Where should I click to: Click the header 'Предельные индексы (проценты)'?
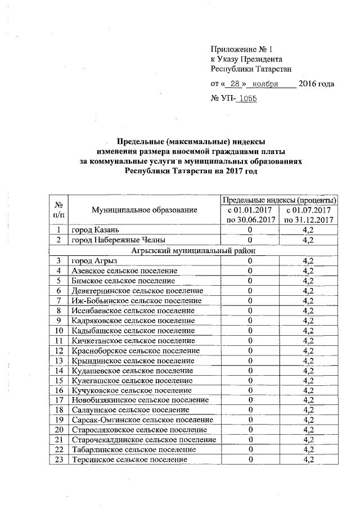click(x=280, y=200)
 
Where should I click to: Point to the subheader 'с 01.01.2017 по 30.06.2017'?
click(x=249, y=215)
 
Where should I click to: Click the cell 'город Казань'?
click(x=94, y=230)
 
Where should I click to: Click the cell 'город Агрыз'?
click(x=93, y=260)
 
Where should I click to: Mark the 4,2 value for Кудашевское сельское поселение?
click(x=307, y=371)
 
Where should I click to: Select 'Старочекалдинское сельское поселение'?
click(x=143, y=439)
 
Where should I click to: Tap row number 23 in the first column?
click(x=58, y=460)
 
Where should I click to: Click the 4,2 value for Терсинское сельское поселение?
click(x=307, y=460)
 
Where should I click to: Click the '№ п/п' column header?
click(x=58, y=210)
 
